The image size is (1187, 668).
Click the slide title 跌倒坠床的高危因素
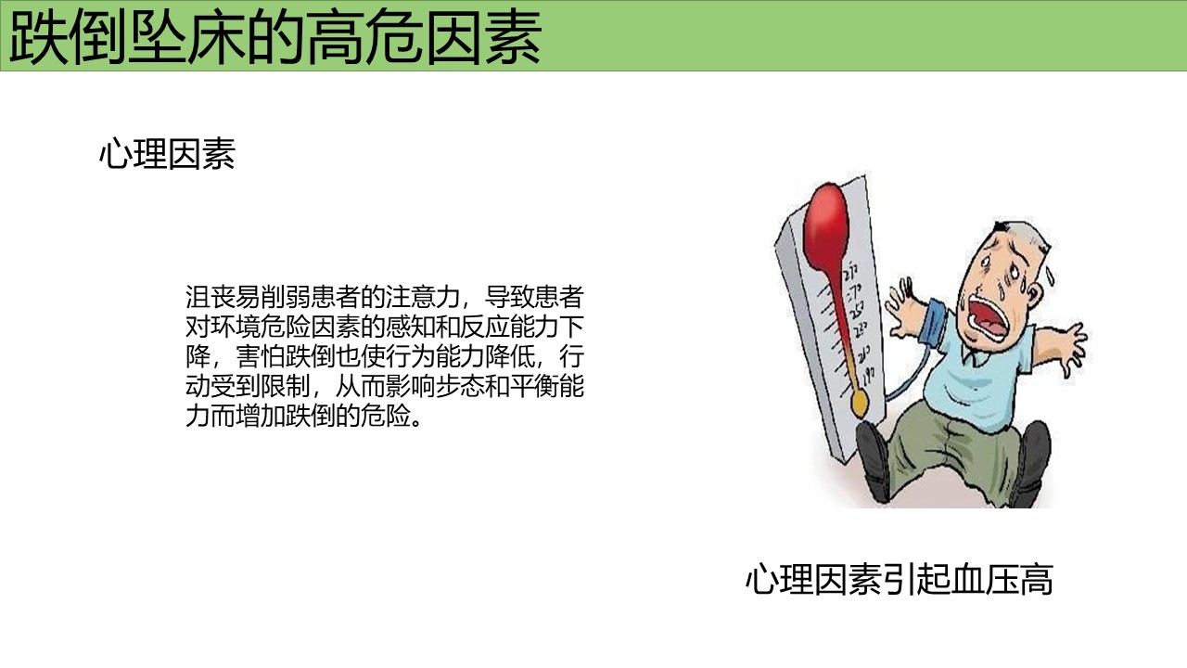275,37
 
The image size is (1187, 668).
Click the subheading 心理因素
168,154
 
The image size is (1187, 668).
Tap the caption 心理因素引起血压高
900,580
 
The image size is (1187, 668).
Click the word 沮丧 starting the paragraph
211,297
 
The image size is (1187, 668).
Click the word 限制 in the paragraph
285,387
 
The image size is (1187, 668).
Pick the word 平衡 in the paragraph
533,387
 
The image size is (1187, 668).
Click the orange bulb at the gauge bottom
860,404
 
